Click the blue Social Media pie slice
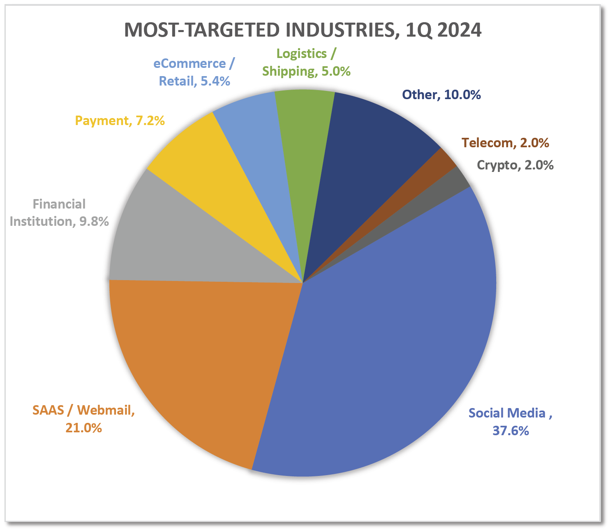coord(395,337)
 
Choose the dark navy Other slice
coord(370,156)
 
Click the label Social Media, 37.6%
coord(510,422)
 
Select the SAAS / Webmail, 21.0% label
coord(83,419)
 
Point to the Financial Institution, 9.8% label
coord(59,213)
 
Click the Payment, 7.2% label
coord(120,121)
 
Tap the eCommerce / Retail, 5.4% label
coord(194,72)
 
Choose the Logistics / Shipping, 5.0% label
coord(306,62)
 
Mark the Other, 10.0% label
coord(441,95)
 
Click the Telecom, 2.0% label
coord(505,142)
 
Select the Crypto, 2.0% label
coord(515,165)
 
